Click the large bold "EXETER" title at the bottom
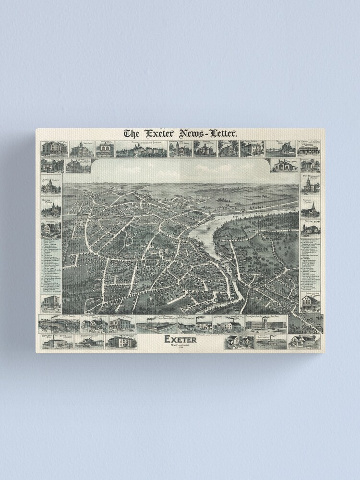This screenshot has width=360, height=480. (x=180, y=339)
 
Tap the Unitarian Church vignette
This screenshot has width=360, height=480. (x=51, y=209)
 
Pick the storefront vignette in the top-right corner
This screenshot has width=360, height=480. (x=309, y=149)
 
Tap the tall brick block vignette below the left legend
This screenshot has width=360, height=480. (x=51, y=304)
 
